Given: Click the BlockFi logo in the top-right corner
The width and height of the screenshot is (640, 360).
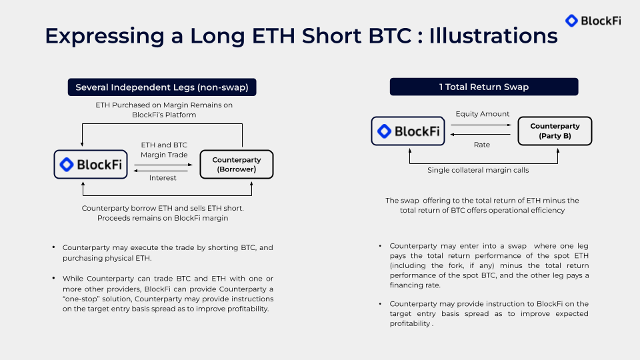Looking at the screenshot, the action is click(x=593, y=21).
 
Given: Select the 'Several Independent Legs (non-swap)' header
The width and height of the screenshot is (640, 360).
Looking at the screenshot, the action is click(x=162, y=87).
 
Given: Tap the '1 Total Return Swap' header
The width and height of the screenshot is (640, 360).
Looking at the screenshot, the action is click(x=483, y=87).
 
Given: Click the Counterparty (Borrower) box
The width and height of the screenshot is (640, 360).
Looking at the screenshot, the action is click(x=236, y=164).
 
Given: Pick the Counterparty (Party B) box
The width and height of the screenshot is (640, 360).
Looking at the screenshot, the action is click(x=555, y=131).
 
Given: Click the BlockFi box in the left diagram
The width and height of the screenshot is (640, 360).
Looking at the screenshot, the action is click(x=91, y=164).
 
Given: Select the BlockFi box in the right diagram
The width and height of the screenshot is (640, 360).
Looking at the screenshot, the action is click(x=408, y=131).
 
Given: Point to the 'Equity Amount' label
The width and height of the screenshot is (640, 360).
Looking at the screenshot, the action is click(x=482, y=114).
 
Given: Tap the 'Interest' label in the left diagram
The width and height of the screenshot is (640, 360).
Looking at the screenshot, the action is click(x=163, y=178).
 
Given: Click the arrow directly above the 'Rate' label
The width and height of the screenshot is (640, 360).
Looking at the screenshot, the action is click(x=482, y=134).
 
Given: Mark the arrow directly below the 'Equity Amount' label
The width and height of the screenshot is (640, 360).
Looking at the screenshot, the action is click(x=482, y=124).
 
